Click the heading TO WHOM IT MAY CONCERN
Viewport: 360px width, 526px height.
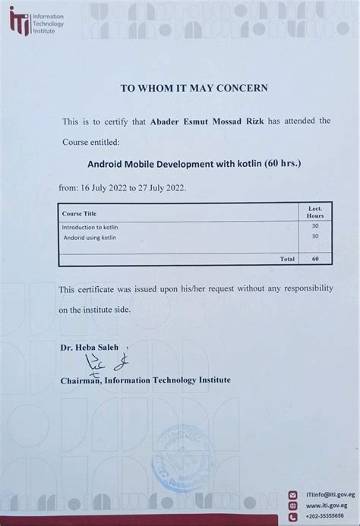click(x=194, y=87)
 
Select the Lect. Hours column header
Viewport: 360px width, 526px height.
click(x=314, y=211)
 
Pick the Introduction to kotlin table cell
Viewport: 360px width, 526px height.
click(x=90, y=227)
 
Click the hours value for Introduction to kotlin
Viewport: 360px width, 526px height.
click(x=314, y=227)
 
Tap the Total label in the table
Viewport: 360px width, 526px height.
click(x=287, y=259)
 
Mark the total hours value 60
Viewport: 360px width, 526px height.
click(x=314, y=259)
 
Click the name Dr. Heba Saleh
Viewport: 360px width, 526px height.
click(x=87, y=347)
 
